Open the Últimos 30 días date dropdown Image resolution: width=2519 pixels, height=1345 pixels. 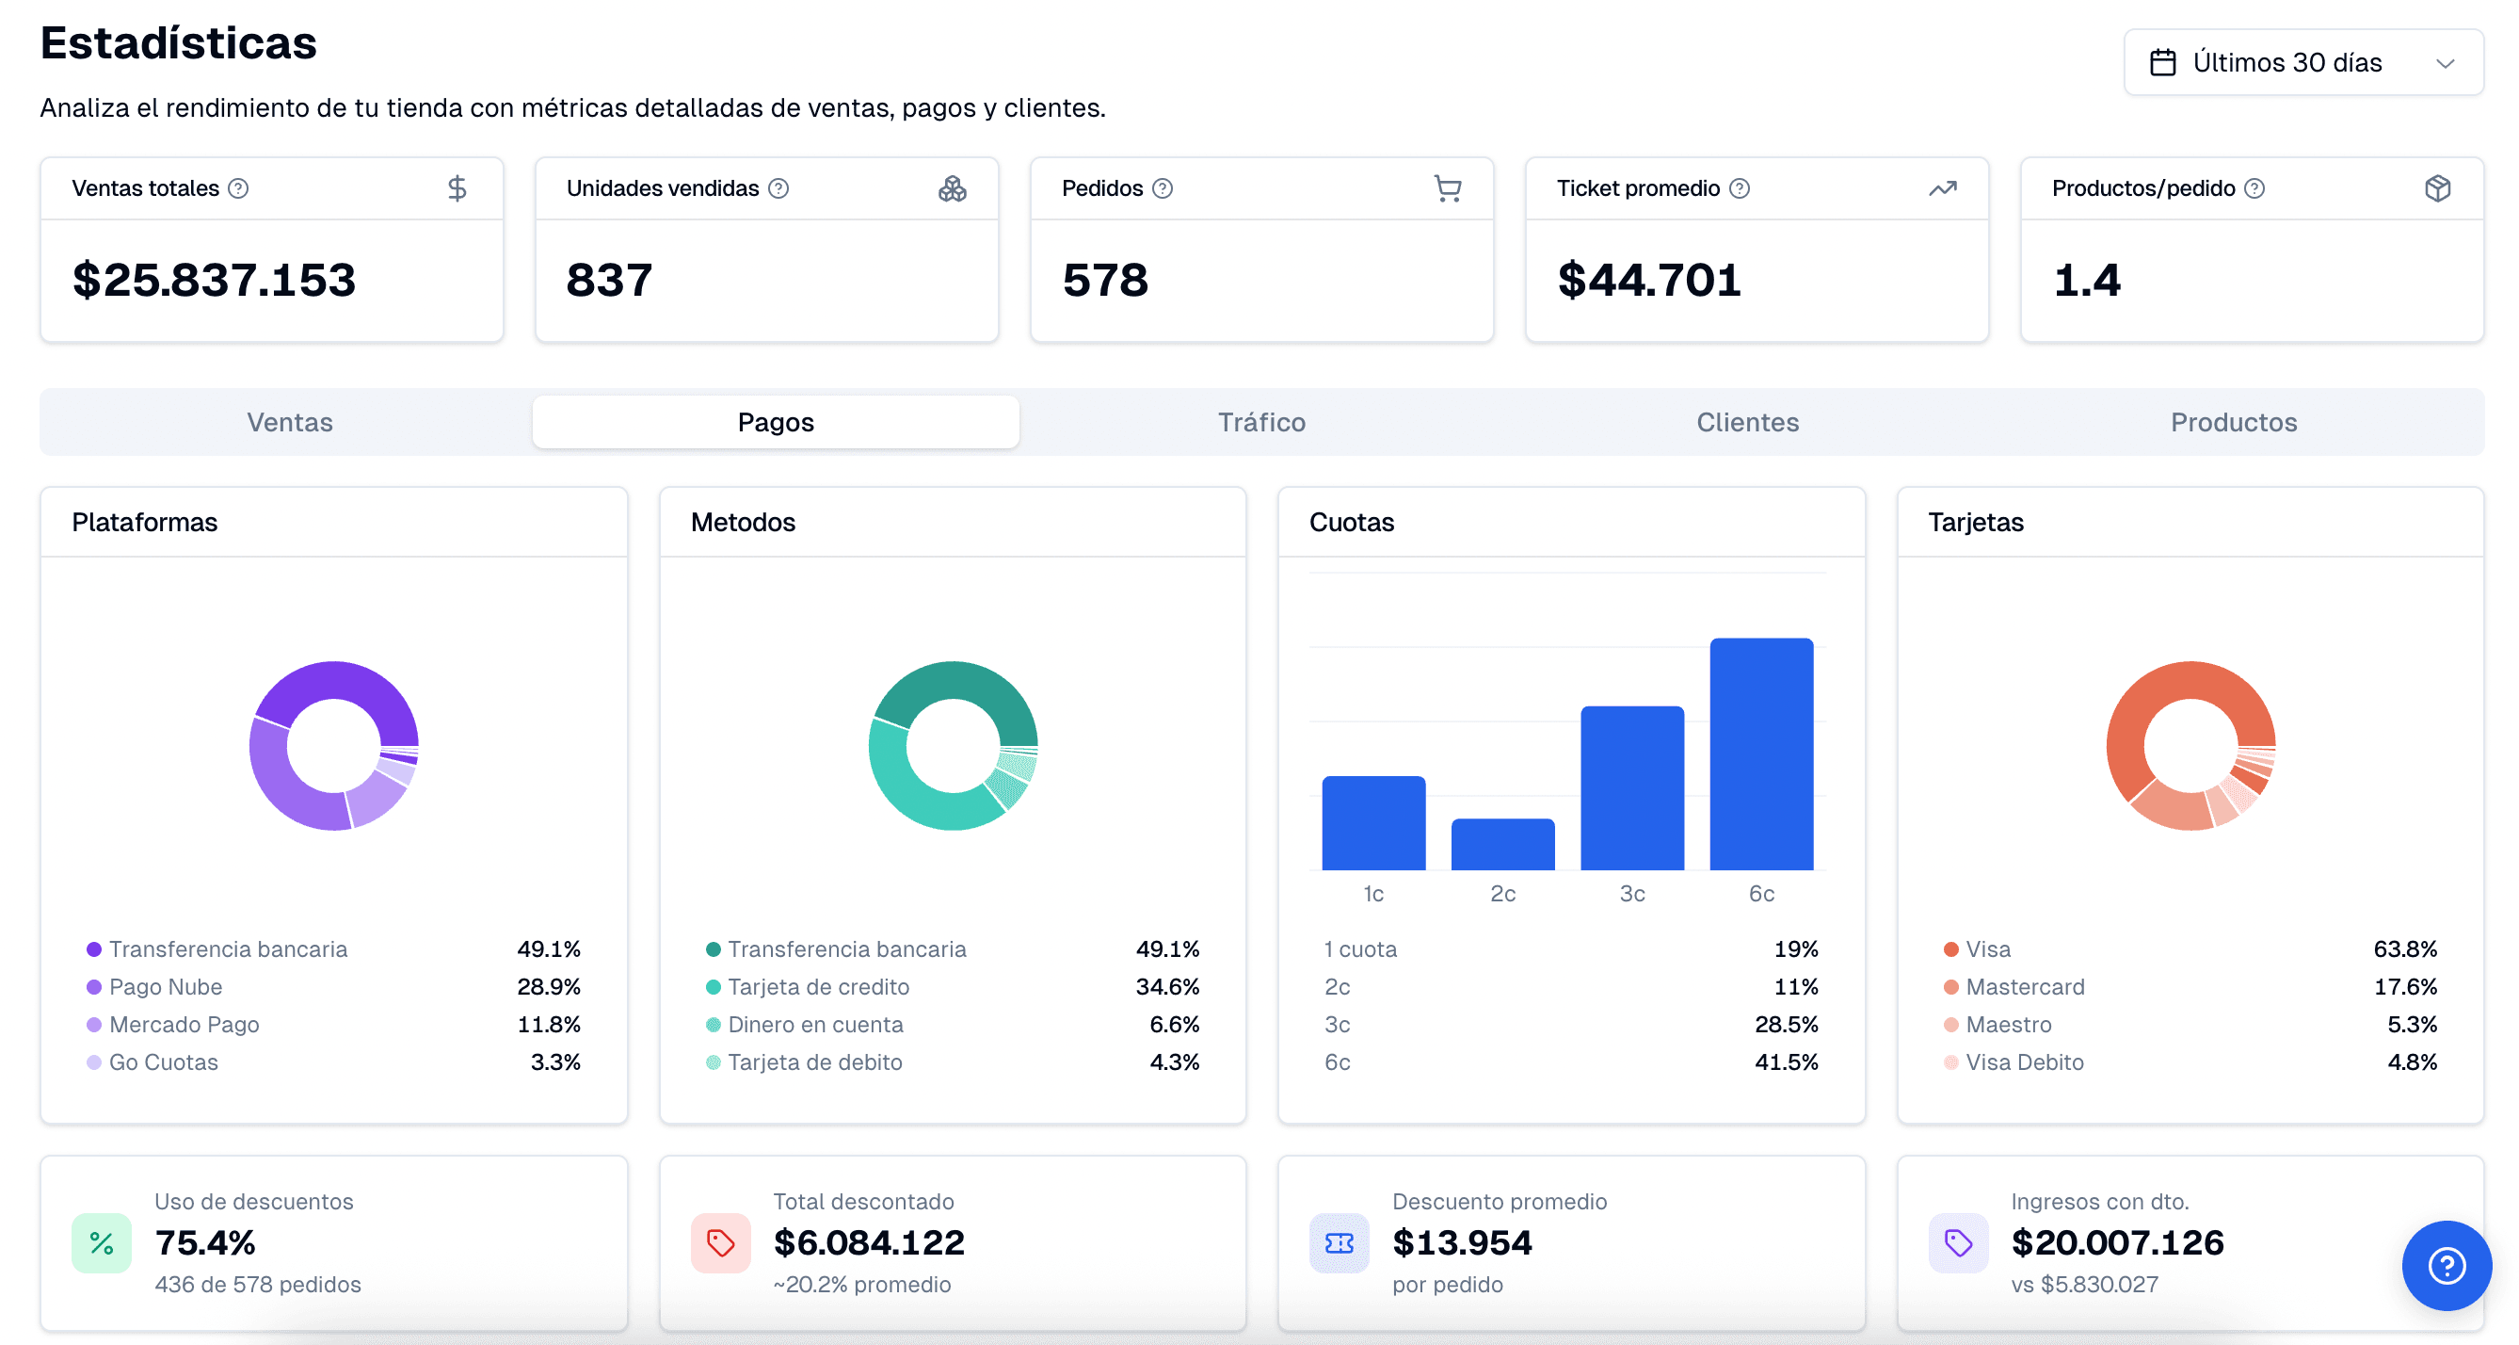pyautogui.click(x=2302, y=62)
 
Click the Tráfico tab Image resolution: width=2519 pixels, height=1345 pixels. pyautogui.click(x=1261, y=423)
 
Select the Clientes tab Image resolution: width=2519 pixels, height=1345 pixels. pyautogui.click(x=1747, y=423)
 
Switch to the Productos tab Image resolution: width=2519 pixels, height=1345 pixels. pyautogui.click(x=2234, y=423)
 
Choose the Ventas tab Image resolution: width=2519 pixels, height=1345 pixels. pyautogui.click(x=289, y=423)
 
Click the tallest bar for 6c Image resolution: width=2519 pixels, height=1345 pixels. pyautogui.click(x=1761, y=754)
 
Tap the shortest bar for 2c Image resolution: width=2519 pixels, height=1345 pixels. pyautogui.click(x=1503, y=844)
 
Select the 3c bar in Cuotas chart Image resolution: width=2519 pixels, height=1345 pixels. pyautogui.click(x=1632, y=788)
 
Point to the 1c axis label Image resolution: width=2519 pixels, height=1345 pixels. pyautogui.click(x=1373, y=894)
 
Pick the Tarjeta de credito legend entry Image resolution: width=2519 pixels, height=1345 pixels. pyautogui.click(x=808, y=987)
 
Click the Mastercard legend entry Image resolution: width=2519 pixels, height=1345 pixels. pyautogui.click(x=2014, y=987)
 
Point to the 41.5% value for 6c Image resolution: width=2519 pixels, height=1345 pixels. pyautogui.click(x=1787, y=1062)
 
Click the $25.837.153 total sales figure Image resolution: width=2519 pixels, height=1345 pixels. pyautogui.click(x=215, y=281)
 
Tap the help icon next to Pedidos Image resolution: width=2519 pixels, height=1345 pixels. pyautogui.click(x=1162, y=188)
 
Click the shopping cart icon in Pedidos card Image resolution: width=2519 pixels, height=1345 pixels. pyautogui.click(x=1447, y=188)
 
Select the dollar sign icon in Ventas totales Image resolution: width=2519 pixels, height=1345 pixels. pyautogui.click(x=457, y=188)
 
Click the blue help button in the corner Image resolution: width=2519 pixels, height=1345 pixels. pyautogui.click(x=2447, y=1266)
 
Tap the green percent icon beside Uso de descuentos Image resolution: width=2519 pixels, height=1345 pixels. pyautogui.click(x=102, y=1243)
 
